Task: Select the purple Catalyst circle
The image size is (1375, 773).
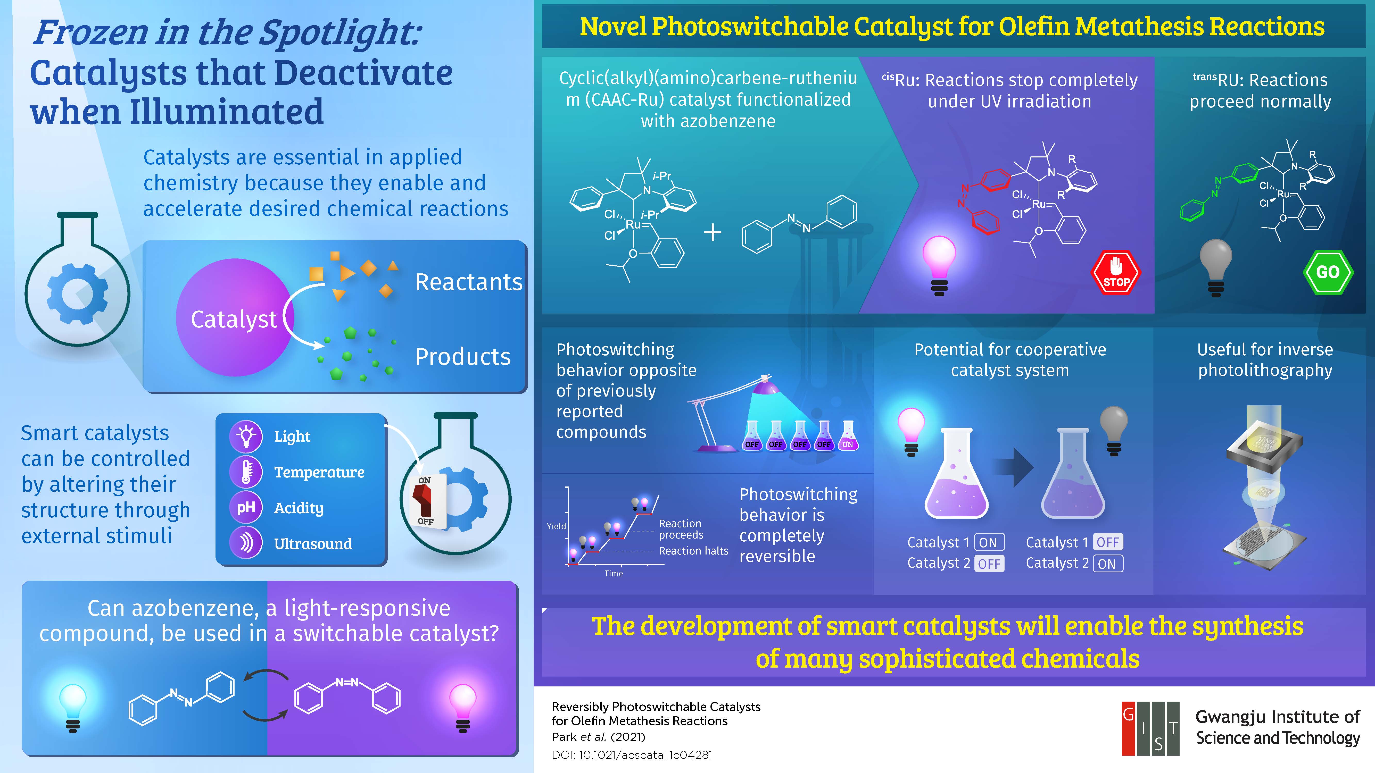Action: pyautogui.click(x=235, y=317)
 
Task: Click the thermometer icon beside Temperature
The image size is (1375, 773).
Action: pyautogui.click(x=245, y=472)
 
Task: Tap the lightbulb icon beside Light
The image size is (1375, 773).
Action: pyautogui.click(x=245, y=436)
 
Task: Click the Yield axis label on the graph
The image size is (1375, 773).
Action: pyautogui.click(x=556, y=526)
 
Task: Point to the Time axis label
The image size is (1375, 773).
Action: pyautogui.click(x=614, y=574)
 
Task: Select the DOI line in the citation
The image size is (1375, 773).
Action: pyautogui.click(x=632, y=755)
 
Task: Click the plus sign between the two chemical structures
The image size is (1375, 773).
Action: pyautogui.click(x=713, y=233)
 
